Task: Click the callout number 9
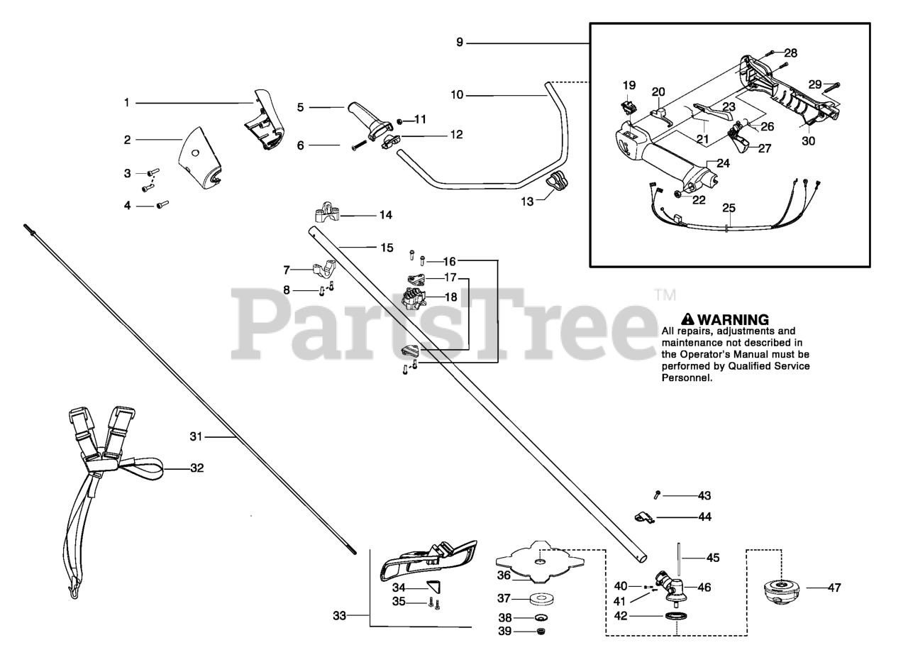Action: coord(460,43)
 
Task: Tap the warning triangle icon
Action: coord(687,319)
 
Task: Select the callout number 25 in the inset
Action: coord(729,208)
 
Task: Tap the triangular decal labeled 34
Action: coord(432,586)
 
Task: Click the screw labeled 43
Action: coord(658,495)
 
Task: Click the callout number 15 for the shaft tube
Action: coord(387,248)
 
